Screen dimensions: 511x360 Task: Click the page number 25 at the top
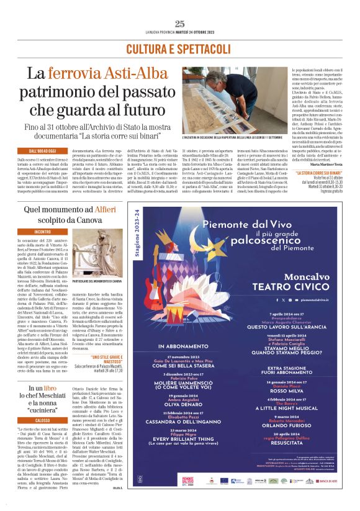(180, 24)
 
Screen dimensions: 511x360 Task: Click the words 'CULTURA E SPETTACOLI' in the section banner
(180, 48)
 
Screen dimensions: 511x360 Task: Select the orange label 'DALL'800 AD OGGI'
(43, 151)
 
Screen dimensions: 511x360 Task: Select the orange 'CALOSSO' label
(43, 420)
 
